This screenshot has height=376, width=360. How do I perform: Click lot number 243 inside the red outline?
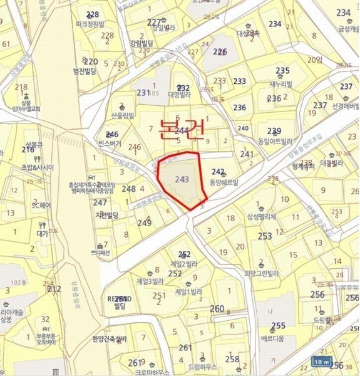pos(182,179)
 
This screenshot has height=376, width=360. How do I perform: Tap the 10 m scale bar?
pos(321,362)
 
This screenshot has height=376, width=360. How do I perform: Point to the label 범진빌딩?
pos(84,72)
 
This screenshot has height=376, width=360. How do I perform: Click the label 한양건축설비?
pos(109,339)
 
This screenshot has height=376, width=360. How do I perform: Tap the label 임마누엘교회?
pos(26,108)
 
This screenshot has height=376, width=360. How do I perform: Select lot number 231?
pos(143,93)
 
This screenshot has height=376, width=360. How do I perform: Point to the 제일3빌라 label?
pos(150,281)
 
